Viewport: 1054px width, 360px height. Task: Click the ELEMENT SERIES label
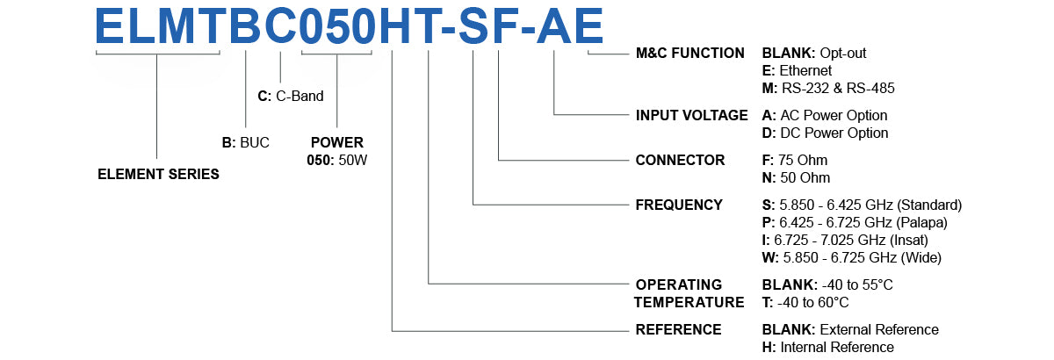(x=158, y=174)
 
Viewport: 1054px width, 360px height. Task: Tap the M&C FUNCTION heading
(x=689, y=54)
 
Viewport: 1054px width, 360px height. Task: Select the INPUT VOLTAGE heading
(x=691, y=115)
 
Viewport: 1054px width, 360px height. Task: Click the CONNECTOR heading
(x=680, y=161)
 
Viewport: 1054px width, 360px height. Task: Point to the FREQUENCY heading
(x=679, y=205)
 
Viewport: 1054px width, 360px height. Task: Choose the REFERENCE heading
(x=678, y=330)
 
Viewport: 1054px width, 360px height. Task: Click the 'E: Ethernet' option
(x=797, y=70)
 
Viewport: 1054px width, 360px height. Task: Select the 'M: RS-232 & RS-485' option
(x=828, y=88)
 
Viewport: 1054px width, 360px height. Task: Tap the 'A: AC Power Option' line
(x=825, y=116)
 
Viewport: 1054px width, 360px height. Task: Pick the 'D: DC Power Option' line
(x=825, y=133)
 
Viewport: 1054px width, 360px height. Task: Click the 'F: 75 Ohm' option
(x=795, y=161)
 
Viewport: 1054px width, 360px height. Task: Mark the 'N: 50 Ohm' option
(x=796, y=178)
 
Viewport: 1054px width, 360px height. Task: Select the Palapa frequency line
(x=855, y=223)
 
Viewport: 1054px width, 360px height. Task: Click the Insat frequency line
(x=845, y=240)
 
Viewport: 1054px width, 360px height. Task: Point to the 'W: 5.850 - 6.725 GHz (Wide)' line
(x=852, y=257)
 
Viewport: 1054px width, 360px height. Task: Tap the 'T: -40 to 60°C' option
(x=805, y=303)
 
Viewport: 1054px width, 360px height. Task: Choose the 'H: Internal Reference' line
(x=828, y=348)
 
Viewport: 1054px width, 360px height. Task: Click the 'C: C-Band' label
(x=291, y=97)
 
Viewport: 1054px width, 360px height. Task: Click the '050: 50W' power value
(x=336, y=159)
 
